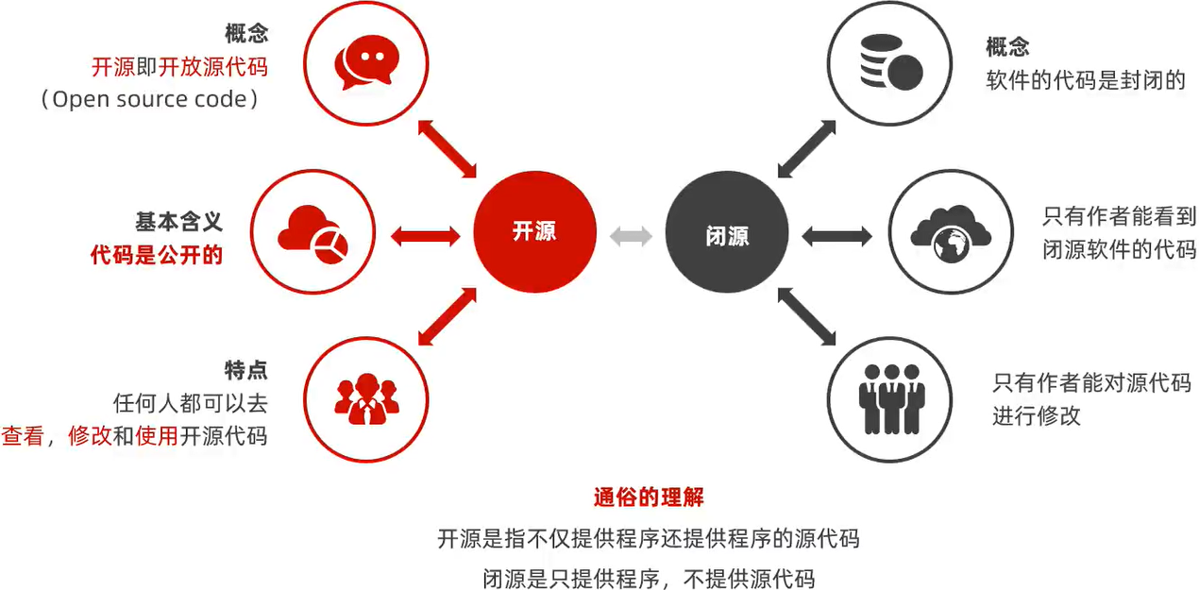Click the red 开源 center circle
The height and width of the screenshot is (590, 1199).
534,232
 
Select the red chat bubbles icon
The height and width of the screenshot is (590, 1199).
364,62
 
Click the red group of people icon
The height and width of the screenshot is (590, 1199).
367,398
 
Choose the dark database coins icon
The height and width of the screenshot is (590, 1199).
887,62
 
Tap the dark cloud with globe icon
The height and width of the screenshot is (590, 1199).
950,232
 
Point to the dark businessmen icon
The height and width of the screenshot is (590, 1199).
887,398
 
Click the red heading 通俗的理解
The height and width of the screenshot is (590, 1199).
649,497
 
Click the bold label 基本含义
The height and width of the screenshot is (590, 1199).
178,222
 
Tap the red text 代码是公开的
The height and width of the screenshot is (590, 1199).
157,254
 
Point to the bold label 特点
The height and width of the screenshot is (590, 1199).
245,371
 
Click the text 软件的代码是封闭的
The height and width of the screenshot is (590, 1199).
1085,79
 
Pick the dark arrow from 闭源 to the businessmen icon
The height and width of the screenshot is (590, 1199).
807,316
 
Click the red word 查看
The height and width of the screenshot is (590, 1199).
23,436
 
